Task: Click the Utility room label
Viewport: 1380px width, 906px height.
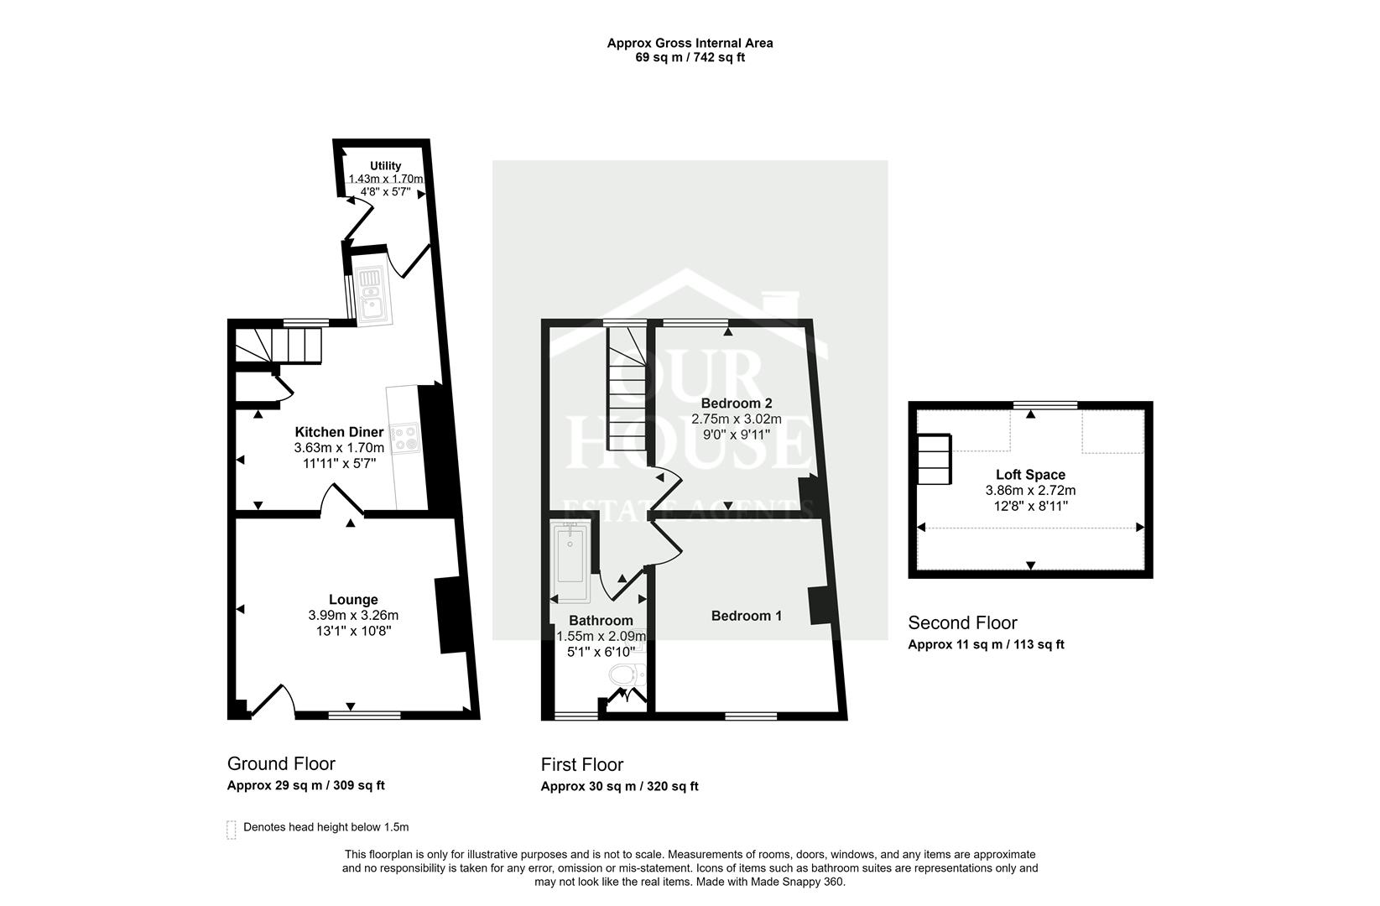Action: [385, 165]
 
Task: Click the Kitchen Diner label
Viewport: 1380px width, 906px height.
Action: [339, 432]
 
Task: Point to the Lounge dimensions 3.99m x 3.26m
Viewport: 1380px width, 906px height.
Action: [352, 615]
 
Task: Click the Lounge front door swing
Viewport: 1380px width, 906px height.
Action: [274, 700]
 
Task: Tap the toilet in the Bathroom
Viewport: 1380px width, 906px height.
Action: [626, 674]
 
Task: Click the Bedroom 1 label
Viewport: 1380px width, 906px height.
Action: [746, 616]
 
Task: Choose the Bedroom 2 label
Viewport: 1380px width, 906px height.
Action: [736, 403]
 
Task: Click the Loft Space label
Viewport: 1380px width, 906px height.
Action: [1030, 475]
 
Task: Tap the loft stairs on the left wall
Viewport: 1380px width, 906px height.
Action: [934, 459]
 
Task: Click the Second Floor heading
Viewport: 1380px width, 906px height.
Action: [962, 622]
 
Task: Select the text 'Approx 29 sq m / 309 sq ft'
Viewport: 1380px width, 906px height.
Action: [305, 786]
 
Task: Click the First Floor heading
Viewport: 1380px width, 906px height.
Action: [581, 764]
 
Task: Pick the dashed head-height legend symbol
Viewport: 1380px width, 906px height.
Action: [232, 830]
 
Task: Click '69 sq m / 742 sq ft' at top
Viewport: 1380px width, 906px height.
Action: [690, 58]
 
